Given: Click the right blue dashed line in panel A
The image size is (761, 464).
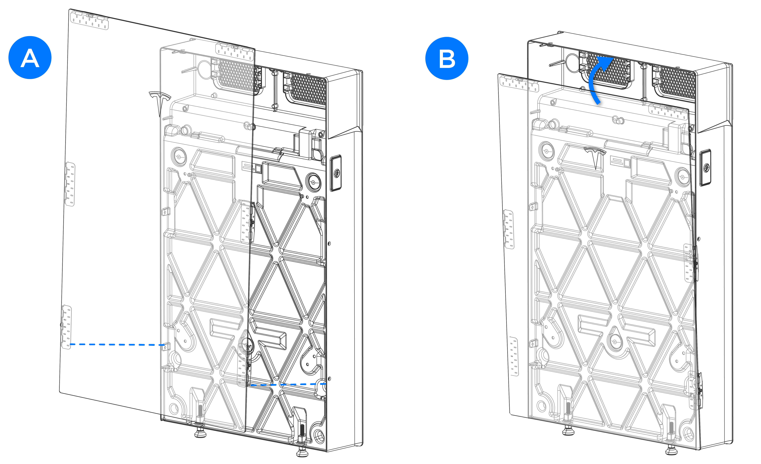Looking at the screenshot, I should pyautogui.click(x=287, y=384).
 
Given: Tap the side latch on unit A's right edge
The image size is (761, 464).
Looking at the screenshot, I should pyautogui.click(x=336, y=173).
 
